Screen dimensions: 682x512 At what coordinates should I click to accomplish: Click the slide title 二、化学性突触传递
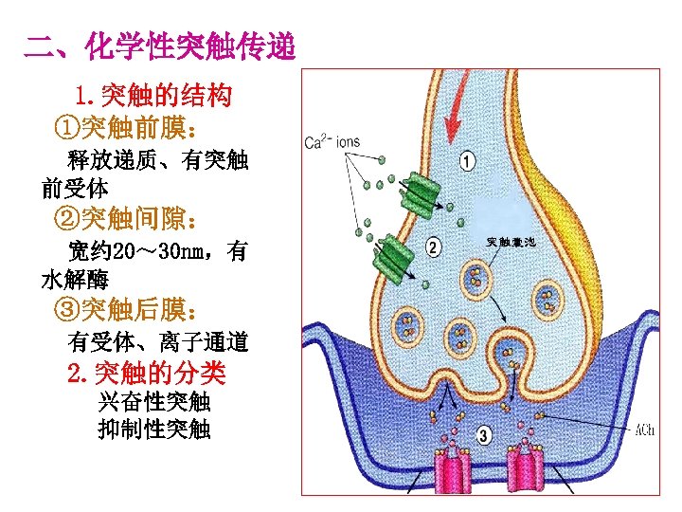click(160, 46)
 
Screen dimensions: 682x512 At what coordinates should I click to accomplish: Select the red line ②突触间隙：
click(127, 220)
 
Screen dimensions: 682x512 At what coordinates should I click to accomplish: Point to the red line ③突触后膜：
click(127, 310)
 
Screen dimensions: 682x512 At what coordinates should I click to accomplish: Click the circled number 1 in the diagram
click(467, 160)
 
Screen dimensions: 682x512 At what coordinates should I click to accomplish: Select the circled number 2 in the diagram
click(433, 247)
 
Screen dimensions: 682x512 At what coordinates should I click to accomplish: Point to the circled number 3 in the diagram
click(484, 436)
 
